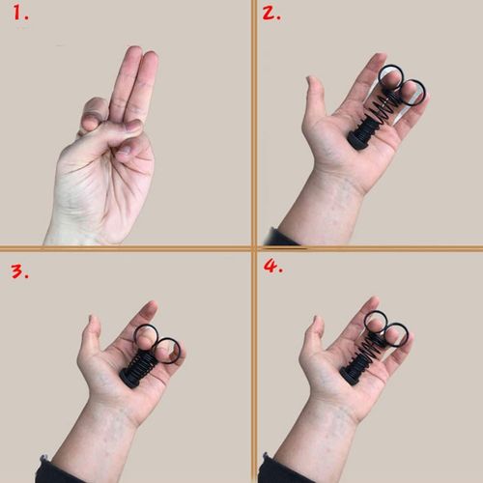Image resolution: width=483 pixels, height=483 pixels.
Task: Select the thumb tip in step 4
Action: [x=312, y=322]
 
